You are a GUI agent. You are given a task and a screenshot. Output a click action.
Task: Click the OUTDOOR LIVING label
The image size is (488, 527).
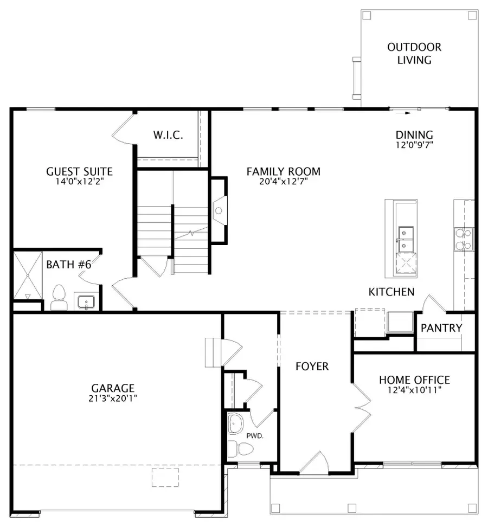click(x=414, y=54)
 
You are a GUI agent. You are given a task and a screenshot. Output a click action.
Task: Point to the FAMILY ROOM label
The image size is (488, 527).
click(x=283, y=171)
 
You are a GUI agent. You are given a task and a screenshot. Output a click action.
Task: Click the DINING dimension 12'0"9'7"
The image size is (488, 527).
click(x=414, y=145)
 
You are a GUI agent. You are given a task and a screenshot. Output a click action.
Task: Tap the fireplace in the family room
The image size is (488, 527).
click(x=219, y=210)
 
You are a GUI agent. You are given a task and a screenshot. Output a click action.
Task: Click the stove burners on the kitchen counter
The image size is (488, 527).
click(x=464, y=239)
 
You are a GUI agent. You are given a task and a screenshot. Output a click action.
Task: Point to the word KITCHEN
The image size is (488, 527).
click(x=391, y=292)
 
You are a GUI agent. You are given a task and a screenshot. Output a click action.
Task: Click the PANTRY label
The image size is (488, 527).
click(x=441, y=327)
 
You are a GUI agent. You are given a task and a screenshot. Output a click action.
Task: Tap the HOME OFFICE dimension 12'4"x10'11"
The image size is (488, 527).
click(x=414, y=390)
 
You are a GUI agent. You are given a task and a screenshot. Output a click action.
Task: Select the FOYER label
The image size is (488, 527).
click(x=312, y=367)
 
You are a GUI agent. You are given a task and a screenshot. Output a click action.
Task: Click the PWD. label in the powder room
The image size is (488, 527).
click(x=255, y=435)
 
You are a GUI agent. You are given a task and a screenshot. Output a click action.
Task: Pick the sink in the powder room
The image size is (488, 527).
click(x=236, y=423)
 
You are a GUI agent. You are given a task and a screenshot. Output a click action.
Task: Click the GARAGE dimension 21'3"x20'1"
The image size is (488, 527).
click(x=113, y=399)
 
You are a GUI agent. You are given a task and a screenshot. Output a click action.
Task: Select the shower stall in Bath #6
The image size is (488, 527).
click(x=27, y=275)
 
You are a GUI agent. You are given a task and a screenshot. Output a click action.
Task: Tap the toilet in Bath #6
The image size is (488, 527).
click(x=58, y=299)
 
